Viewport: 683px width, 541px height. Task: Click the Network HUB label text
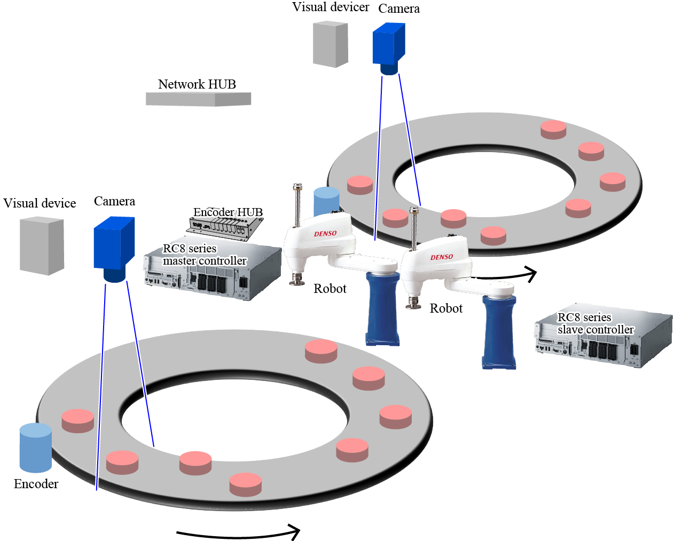click(197, 84)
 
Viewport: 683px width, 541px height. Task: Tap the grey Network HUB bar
click(198, 99)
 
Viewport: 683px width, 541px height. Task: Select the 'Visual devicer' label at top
click(331, 7)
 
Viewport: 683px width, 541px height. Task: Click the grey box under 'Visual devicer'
click(330, 44)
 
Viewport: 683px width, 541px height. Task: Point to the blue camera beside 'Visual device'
click(114, 246)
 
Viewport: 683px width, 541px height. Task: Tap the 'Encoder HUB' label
click(228, 212)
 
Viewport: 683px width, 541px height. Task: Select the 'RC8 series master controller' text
click(205, 254)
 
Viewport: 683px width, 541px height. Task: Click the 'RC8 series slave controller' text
click(595, 323)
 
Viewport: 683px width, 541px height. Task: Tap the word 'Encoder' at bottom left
click(36, 484)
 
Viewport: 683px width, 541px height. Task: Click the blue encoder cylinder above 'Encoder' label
click(36, 448)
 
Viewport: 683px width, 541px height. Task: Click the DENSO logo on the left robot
click(325, 234)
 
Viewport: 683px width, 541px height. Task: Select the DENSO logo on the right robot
click(442, 257)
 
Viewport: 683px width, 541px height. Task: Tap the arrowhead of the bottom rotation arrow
click(294, 531)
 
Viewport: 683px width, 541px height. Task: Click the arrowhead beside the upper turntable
click(531, 274)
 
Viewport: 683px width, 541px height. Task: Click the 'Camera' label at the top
click(399, 9)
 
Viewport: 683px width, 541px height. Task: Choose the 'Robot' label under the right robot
click(446, 308)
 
